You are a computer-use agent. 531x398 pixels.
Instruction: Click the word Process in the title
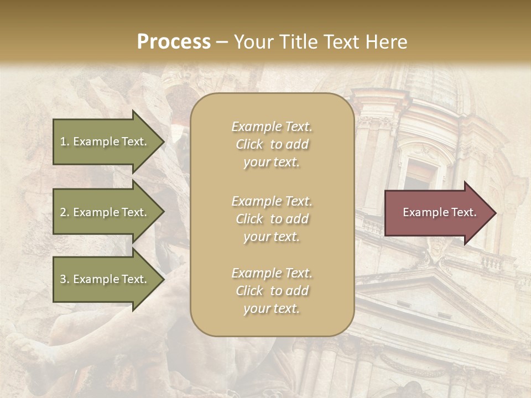(x=173, y=41)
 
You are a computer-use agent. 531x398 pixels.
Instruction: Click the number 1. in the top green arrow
(x=64, y=142)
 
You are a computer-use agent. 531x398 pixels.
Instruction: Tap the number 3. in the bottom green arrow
(x=64, y=279)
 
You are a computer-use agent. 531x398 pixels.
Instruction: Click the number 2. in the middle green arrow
(x=64, y=212)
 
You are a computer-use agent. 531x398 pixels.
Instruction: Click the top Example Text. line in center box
(x=272, y=127)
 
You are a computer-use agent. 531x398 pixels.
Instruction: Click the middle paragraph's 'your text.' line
(x=272, y=237)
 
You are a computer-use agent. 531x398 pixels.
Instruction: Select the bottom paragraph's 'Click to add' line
(x=272, y=291)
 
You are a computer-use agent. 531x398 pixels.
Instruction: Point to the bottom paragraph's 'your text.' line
(x=272, y=308)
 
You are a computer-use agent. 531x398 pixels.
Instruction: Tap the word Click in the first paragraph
(x=249, y=145)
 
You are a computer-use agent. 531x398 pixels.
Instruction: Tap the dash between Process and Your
(x=222, y=42)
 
